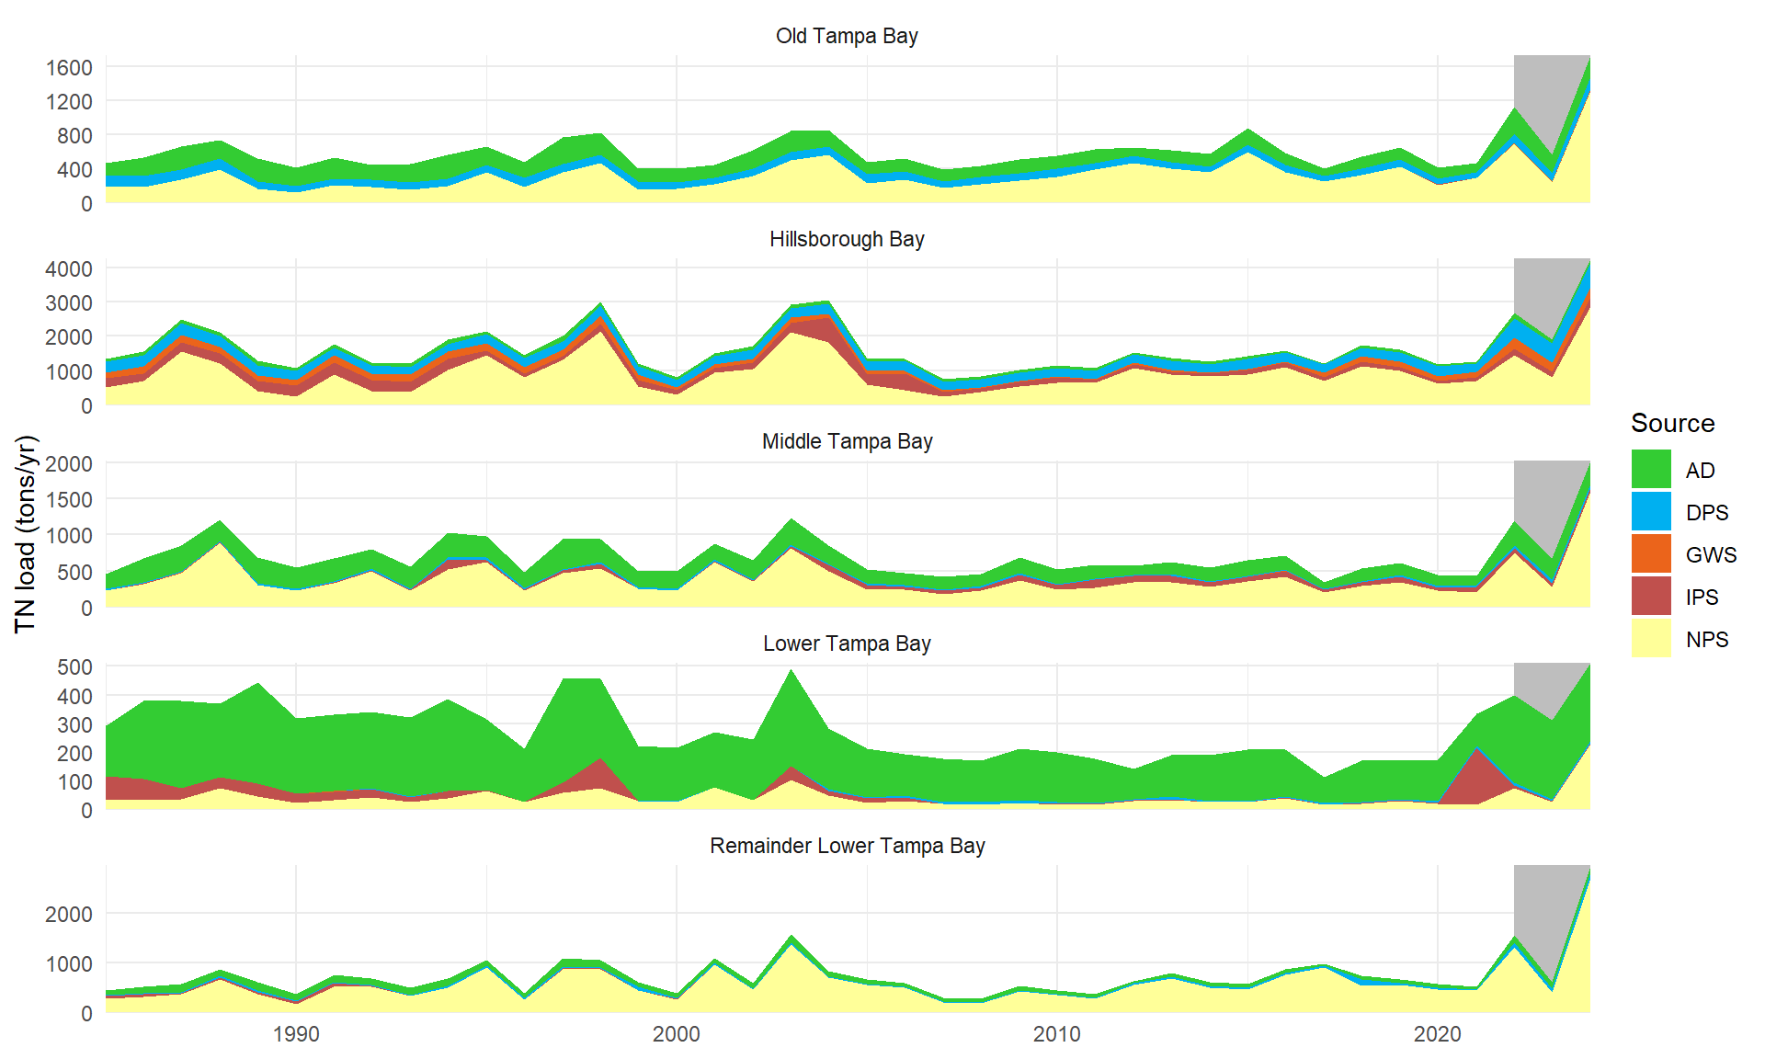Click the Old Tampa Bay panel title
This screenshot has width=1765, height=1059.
[847, 36]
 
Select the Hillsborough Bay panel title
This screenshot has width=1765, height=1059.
[847, 239]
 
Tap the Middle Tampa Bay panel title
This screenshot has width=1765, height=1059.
[847, 441]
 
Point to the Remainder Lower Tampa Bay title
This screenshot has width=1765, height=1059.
[847, 846]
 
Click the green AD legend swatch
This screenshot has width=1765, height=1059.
[1651, 470]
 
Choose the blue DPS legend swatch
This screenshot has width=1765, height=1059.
[1651, 512]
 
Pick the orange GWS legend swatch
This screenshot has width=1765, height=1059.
[1651, 554]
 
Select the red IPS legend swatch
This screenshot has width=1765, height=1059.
[1651, 597]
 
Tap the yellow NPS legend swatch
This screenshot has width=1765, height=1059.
[1651, 639]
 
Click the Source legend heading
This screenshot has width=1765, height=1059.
[1672, 423]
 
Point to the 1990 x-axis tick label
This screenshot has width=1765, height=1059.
[296, 1035]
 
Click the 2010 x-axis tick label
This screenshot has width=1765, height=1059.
[1056, 1035]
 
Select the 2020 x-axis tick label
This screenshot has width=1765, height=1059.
[1437, 1035]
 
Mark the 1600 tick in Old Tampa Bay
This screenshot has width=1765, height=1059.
[69, 67]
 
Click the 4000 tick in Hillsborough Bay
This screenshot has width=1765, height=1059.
[69, 269]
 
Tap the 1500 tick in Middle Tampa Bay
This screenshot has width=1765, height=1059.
[69, 499]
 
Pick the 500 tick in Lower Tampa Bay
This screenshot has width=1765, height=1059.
[74, 666]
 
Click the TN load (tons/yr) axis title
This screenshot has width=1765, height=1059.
[26, 534]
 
